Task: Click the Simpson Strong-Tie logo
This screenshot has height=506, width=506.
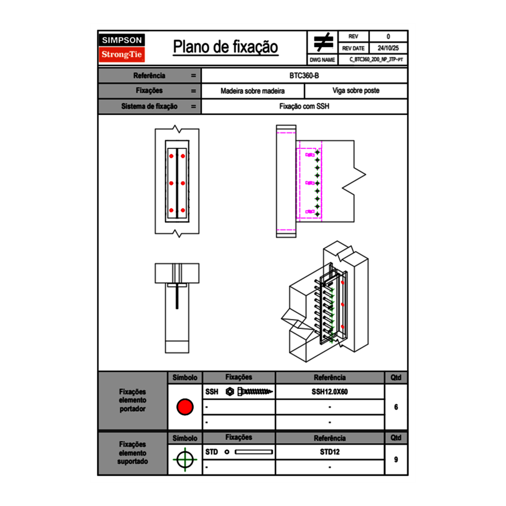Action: click(122, 48)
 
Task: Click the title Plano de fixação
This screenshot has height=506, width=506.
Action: click(225, 47)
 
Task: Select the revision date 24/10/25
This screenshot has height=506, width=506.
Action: click(388, 48)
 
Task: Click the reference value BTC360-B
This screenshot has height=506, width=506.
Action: click(304, 75)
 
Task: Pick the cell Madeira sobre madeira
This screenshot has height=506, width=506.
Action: click(252, 91)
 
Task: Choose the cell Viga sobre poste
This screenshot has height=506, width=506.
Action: click(355, 91)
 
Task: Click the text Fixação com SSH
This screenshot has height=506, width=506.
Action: click(304, 106)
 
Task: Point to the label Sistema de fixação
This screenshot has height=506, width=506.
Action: click(149, 106)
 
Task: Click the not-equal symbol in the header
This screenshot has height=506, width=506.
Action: click(324, 43)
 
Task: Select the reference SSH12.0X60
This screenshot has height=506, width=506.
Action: click(329, 392)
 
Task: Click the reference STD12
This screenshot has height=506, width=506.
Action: click(329, 452)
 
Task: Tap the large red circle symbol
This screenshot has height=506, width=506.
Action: click(185, 407)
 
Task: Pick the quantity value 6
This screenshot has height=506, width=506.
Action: click(396, 407)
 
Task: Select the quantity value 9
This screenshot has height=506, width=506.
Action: click(396, 459)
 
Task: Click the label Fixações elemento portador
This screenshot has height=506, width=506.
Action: click(132, 400)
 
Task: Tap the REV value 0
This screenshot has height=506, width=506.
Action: click(388, 37)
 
